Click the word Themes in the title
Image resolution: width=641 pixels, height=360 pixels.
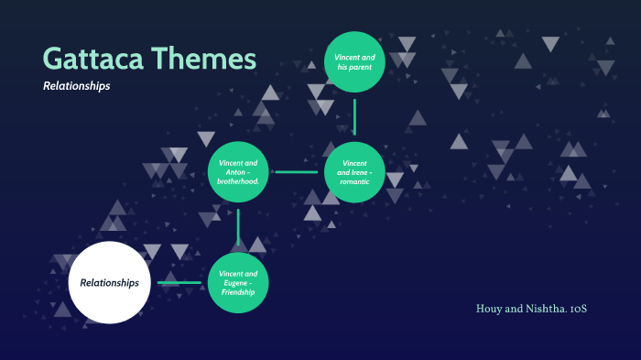tap(205, 59)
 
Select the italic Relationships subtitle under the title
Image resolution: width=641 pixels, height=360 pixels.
tap(76, 86)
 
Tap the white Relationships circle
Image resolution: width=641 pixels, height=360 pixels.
tap(109, 282)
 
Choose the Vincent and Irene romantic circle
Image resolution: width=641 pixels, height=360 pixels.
tap(353, 171)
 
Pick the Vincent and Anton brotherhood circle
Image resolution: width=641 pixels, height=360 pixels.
tap(238, 171)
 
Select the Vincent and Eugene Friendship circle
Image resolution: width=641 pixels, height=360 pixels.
tap(238, 282)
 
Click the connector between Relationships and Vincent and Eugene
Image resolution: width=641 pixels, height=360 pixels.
tap(179, 282)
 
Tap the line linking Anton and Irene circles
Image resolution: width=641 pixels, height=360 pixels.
tap(296, 171)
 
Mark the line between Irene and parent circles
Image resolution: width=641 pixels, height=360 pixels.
tap(354, 117)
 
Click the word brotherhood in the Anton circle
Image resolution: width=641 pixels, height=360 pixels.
tap(238, 181)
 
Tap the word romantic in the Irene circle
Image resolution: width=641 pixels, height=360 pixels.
tap(354, 181)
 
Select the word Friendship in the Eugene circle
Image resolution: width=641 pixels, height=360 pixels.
tap(238, 292)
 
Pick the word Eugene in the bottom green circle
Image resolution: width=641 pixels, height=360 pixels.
tap(235, 282)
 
